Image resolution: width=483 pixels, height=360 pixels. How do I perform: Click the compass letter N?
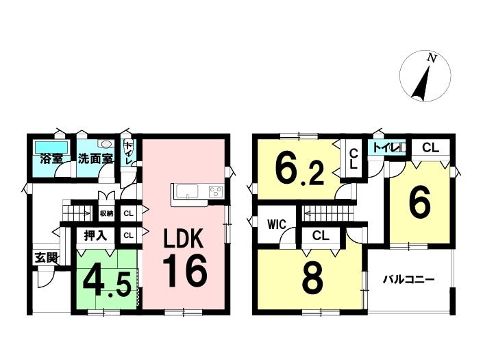click(432, 58)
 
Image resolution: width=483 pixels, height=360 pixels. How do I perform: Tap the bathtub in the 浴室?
click(51, 147)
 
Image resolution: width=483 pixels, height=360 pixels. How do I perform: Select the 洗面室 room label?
click(95, 159)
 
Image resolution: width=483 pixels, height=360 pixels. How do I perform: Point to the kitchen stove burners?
click(216, 192)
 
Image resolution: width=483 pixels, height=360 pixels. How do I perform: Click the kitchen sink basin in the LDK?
click(187, 192)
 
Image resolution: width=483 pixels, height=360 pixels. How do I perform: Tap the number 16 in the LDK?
click(185, 272)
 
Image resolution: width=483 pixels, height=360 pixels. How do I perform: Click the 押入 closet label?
click(95, 236)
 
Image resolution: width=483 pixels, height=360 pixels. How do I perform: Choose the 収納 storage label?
click(106, 213)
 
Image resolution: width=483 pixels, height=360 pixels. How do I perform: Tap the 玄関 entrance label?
click(46, 258)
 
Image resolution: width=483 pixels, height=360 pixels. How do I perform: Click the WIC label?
click(276, 224)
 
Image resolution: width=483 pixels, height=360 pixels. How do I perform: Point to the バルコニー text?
click(409, 280)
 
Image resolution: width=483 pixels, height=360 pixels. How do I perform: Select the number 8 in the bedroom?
click(312, 278)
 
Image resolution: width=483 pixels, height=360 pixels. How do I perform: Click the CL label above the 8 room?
click(321, 236)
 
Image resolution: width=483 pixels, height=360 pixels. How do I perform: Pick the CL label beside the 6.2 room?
click(354, 158)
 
